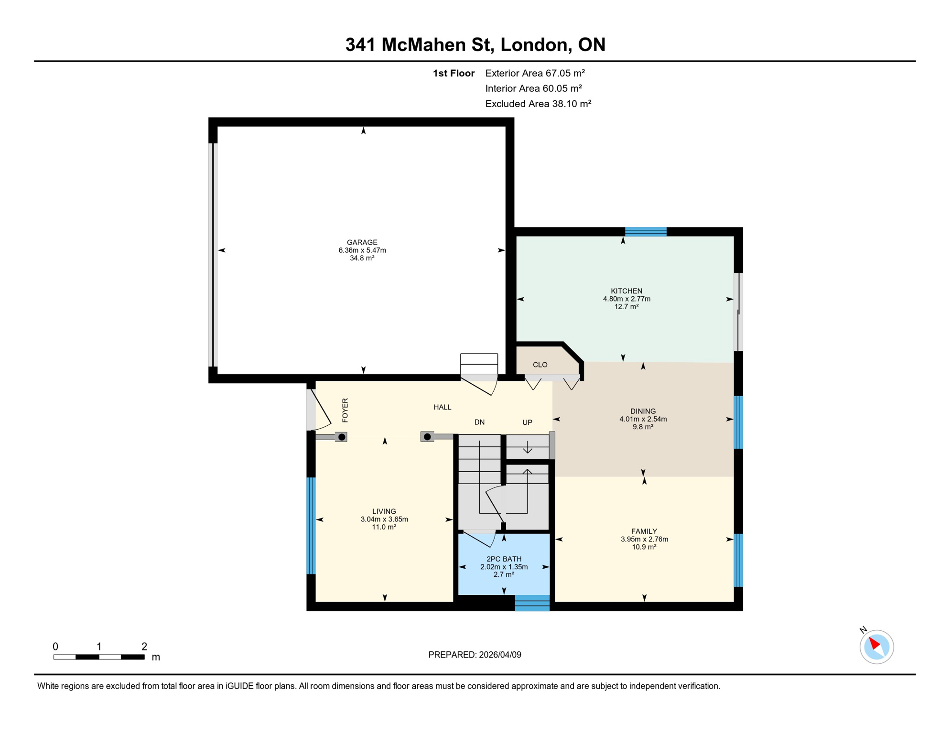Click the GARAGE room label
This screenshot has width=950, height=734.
pyautogui.click(x=362, y=242)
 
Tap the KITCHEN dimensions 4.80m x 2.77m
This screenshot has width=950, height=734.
pyautogui.click(x=626, y=299)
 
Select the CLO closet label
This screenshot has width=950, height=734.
pyautogui.click(x=540, y=365)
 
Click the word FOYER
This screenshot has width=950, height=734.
pyautogui.click(x=345, y=410)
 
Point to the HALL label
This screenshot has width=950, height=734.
pyautogui.click(x=442, y=407)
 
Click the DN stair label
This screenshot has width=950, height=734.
pyautogui.click(x=479, y=422)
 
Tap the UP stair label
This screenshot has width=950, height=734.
pyautogui.click(x=527, y=422)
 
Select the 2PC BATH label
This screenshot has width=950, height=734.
pyautogui.click(x=504, y=559)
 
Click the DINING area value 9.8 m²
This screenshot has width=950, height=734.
pyautogui.click(x=643, y=427)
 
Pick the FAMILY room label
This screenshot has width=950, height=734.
pyautogui.click(x=644, y=531)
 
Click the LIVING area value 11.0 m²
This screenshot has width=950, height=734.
pyautogui.click(x=384, y=527)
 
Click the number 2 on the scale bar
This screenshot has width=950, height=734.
pyautogui.click(x=144, y=647)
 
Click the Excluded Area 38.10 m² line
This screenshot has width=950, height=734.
pyautogui.click(x=538, y=104)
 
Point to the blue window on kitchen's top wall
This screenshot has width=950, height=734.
pyautogui.click(x=646, y=232)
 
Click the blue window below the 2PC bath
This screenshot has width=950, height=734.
pyautogui.click(x=532, y=603)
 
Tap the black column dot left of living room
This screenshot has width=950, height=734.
pyautogui.click(x=342, y=437)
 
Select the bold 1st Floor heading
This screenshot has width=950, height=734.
pyautogui.click(x=453, y=73)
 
